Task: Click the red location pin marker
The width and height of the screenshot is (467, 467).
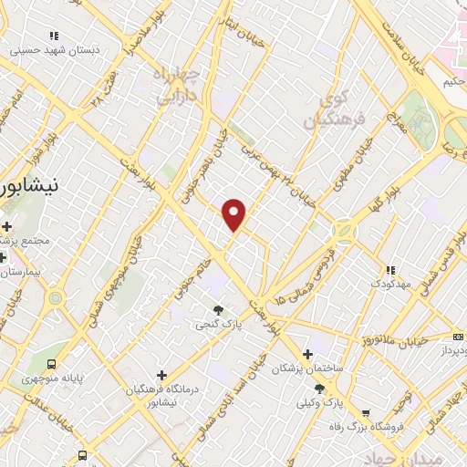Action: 235,213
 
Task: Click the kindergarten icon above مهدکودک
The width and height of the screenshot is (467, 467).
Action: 389,270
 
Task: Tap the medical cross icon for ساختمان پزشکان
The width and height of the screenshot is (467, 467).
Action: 306,354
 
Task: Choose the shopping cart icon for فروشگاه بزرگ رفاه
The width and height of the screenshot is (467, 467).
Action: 366,412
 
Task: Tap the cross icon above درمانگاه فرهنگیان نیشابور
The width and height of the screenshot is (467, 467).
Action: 161,374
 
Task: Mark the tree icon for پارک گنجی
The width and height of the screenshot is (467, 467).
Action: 217,310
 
